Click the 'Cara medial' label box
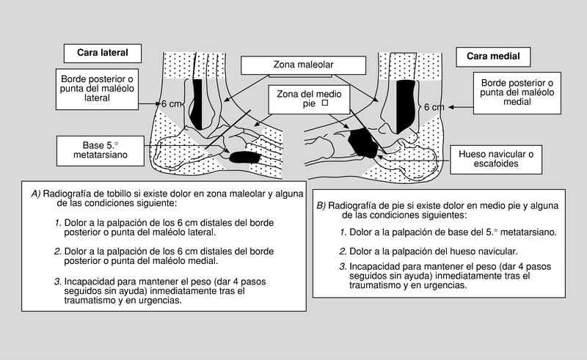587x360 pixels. point(484,56)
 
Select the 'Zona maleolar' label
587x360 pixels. point(304,65)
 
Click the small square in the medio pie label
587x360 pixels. point(324,105)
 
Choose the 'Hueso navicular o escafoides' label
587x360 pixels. point(500,159)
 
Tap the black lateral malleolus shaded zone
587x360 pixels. point(196,103)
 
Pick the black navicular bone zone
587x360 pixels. point(362,142)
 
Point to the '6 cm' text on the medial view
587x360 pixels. point(434,107)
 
